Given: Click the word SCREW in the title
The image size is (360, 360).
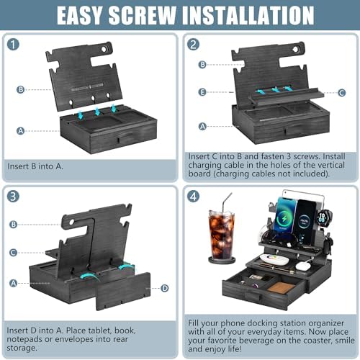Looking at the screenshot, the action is click(143, 15).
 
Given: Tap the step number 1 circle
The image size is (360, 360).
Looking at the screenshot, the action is click(13, 45).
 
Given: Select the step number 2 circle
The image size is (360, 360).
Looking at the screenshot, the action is click(194, 45).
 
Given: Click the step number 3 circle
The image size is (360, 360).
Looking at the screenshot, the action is click(13, 197).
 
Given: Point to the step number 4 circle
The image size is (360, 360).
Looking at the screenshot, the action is click(194, 197).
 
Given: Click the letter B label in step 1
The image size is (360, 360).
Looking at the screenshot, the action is click(21, 90).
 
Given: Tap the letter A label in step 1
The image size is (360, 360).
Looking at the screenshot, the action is click(21, 131).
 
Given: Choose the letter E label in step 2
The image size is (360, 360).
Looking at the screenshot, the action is click(202, 92).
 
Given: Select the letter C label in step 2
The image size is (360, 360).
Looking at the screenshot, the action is click(341, 93).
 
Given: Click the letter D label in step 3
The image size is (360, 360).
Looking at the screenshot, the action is click(165, 288).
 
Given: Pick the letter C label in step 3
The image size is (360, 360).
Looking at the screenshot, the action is click(14, 253).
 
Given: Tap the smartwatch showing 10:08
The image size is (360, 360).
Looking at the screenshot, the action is click(323, 217).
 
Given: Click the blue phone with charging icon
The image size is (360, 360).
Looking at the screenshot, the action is click(285, 215).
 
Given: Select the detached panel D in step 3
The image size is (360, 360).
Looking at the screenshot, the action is click(123, 291).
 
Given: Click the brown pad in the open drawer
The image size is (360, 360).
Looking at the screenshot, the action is click(281, 287).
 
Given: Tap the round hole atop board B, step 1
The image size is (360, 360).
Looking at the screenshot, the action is click(104, 49).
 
